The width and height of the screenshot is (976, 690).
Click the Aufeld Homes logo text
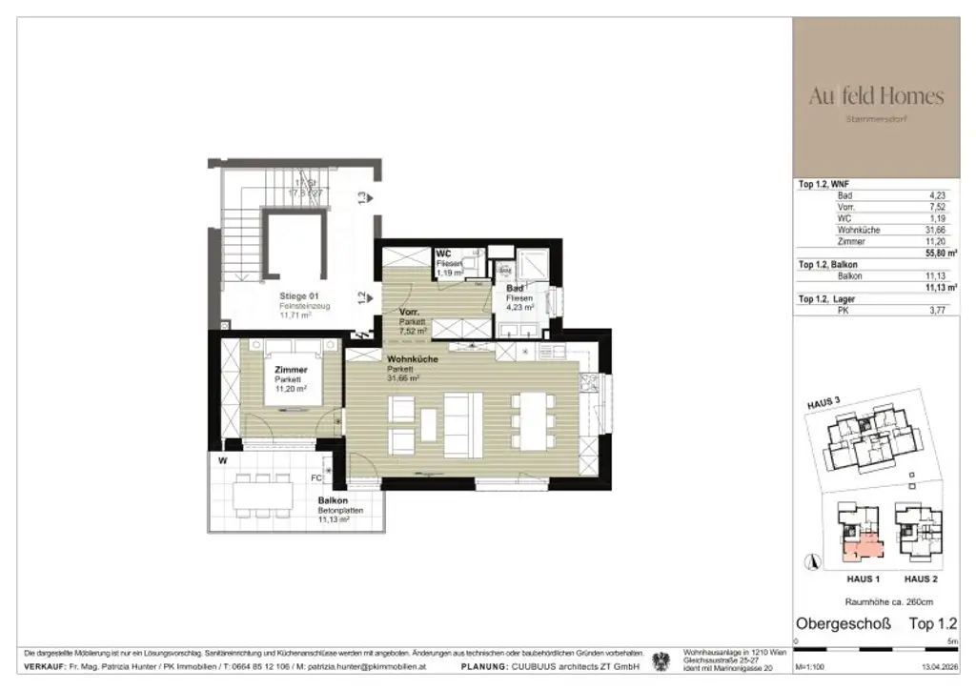coord(876,96)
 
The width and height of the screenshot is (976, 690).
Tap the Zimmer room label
coord(291,370)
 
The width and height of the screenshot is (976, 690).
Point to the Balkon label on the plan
coord(333,501)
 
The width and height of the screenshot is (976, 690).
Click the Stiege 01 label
coord(300,296)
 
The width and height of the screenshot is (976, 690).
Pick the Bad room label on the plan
coord(515,288)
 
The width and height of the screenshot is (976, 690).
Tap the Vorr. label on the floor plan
coord(412,312)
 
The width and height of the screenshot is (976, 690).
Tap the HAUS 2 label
coord(921,579)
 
